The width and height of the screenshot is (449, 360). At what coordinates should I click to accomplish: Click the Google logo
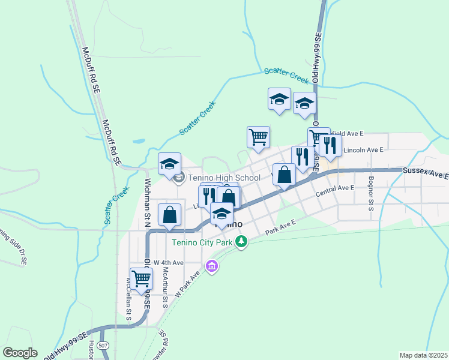20,353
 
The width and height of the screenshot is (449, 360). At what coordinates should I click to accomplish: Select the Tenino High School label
224,178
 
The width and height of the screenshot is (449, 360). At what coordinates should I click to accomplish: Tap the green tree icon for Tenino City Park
241,242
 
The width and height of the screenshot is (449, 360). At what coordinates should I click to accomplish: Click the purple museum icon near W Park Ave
211,265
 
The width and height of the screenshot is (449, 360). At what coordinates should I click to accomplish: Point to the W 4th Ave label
168,263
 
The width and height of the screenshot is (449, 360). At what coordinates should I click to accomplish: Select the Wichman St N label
146,198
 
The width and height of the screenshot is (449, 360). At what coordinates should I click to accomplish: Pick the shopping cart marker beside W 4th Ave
141,278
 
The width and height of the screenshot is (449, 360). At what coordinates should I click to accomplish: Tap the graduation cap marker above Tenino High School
170,163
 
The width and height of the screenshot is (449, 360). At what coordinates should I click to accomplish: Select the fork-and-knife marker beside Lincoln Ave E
330,146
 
